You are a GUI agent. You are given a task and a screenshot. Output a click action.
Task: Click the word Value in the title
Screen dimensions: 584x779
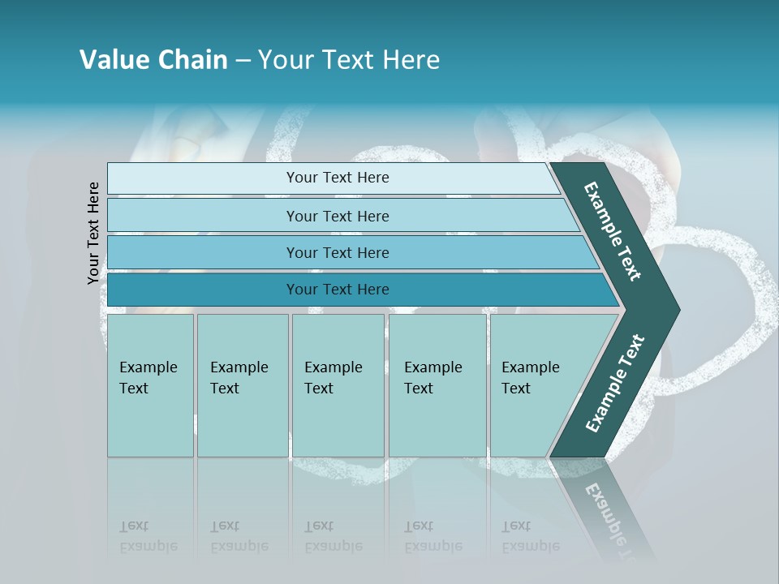113,60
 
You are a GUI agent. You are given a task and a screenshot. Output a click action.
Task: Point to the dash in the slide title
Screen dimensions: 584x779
243,61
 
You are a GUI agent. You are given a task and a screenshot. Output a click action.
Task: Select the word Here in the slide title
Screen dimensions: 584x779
410,60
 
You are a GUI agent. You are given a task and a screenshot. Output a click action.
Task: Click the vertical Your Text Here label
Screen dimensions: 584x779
93,233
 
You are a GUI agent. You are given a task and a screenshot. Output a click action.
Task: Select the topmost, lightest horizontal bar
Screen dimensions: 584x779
333,178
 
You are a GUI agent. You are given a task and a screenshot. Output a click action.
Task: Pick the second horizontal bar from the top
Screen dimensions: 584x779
341,216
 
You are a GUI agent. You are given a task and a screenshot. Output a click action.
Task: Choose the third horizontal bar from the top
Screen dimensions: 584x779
349,252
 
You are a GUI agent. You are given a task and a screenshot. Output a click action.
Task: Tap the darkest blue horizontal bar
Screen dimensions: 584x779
357,290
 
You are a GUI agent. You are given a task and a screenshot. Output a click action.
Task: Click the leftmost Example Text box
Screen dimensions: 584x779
150,384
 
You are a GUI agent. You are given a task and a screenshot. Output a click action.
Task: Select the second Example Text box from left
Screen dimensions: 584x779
243,384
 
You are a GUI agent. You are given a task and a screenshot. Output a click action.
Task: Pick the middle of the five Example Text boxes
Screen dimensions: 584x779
338,384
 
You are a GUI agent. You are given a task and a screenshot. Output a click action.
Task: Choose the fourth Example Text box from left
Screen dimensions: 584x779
437,384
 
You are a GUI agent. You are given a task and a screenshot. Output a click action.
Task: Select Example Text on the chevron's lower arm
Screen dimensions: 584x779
615,383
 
